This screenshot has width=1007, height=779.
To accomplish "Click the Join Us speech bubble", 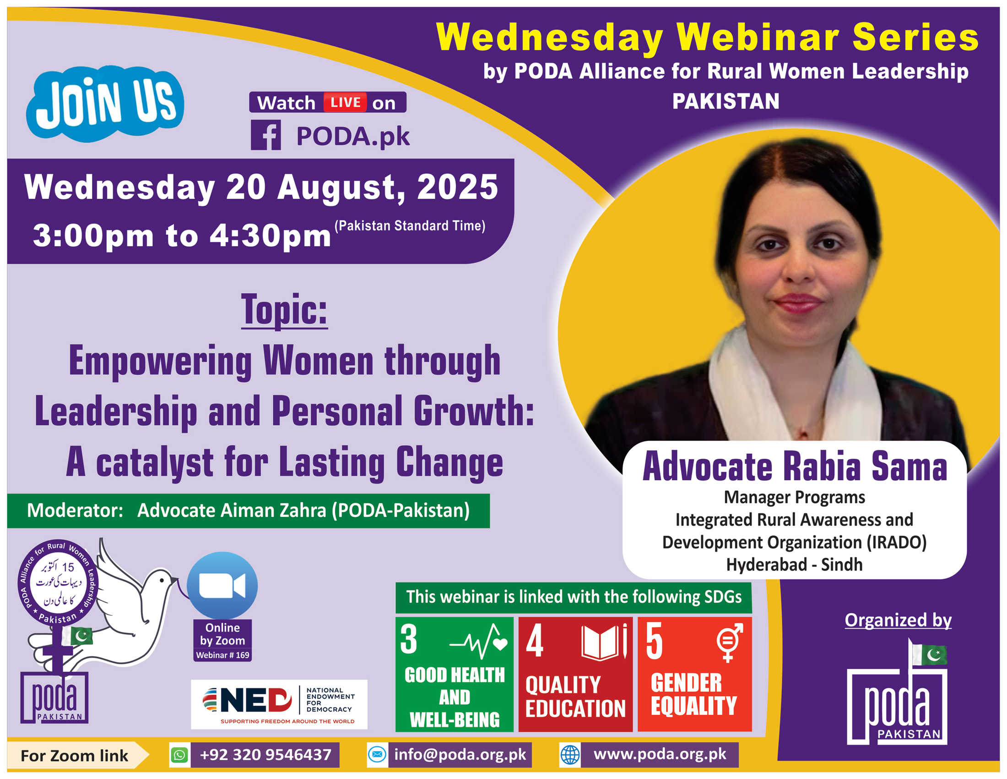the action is click(105, 104).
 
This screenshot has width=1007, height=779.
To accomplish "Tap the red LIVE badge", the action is click(345, 102).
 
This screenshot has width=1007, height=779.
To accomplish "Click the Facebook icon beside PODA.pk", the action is click(265, 135).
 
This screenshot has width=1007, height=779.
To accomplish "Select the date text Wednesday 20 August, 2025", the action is click(261, 187).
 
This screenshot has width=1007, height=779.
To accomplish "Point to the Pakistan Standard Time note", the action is click(410, 225).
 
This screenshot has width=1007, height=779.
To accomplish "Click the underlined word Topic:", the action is click(285, 310).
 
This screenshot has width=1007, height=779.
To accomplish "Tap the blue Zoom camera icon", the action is click(222, 585).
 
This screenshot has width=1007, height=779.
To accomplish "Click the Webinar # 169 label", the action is click(223, 655).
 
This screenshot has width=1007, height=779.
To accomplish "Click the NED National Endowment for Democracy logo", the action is click(279, 704).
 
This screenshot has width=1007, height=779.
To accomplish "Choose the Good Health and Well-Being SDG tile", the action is click(454, 674).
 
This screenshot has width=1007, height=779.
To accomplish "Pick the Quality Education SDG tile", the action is click(575, 674).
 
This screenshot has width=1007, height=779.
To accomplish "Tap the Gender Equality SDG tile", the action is click(694, 674).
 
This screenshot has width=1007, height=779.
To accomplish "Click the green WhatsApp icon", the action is click(179, 755).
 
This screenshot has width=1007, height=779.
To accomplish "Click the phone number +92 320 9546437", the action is click(265, 755).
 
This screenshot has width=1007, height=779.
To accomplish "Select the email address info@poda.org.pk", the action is click(460, 755).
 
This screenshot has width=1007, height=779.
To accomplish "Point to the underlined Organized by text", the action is click(898, 620).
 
